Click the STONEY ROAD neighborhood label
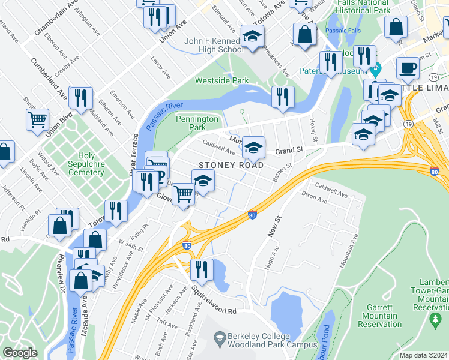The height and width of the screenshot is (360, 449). pos(223,165)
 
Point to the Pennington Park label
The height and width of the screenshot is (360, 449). pos(197,123)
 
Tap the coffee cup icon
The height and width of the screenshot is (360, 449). pos(408,68)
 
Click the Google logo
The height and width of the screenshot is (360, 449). pos(20,352)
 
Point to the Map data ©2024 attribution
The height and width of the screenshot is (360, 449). pos(423,355)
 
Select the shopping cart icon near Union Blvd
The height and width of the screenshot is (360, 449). pos(37,119)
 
